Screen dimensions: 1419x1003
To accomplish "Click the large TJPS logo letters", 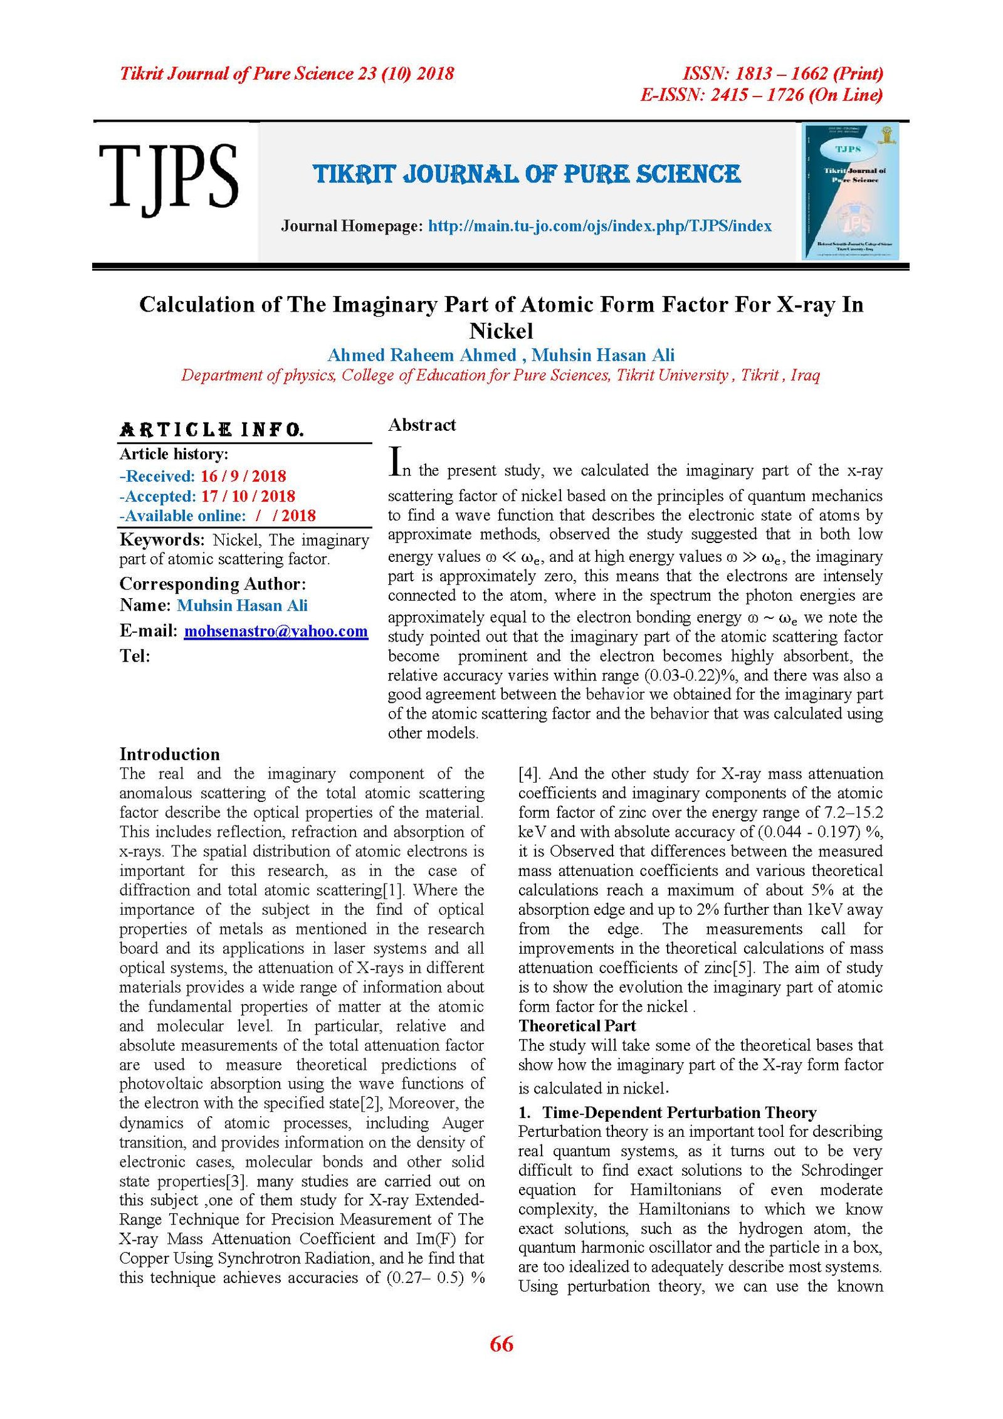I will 168,177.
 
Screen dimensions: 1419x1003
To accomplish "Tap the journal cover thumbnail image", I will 851,191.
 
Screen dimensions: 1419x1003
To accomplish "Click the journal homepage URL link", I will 599,226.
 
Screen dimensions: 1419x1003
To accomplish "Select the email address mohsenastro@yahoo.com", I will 276,631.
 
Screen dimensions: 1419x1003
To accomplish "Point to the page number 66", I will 501,1344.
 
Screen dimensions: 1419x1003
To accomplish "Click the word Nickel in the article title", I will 501,331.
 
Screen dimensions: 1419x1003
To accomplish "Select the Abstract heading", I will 422,425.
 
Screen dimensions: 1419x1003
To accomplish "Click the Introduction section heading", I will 169,754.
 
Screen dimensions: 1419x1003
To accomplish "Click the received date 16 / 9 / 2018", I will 243,476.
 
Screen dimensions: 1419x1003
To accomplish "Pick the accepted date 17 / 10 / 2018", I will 248,496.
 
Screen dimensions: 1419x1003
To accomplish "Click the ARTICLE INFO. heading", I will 211,430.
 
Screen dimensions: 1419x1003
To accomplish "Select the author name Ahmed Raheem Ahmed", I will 421,356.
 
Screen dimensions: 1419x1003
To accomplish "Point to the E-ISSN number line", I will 761,95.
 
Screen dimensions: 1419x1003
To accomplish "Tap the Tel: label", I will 135,657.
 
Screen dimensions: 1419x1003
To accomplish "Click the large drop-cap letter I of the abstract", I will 395,461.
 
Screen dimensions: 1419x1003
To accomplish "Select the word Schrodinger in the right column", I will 841,1171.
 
